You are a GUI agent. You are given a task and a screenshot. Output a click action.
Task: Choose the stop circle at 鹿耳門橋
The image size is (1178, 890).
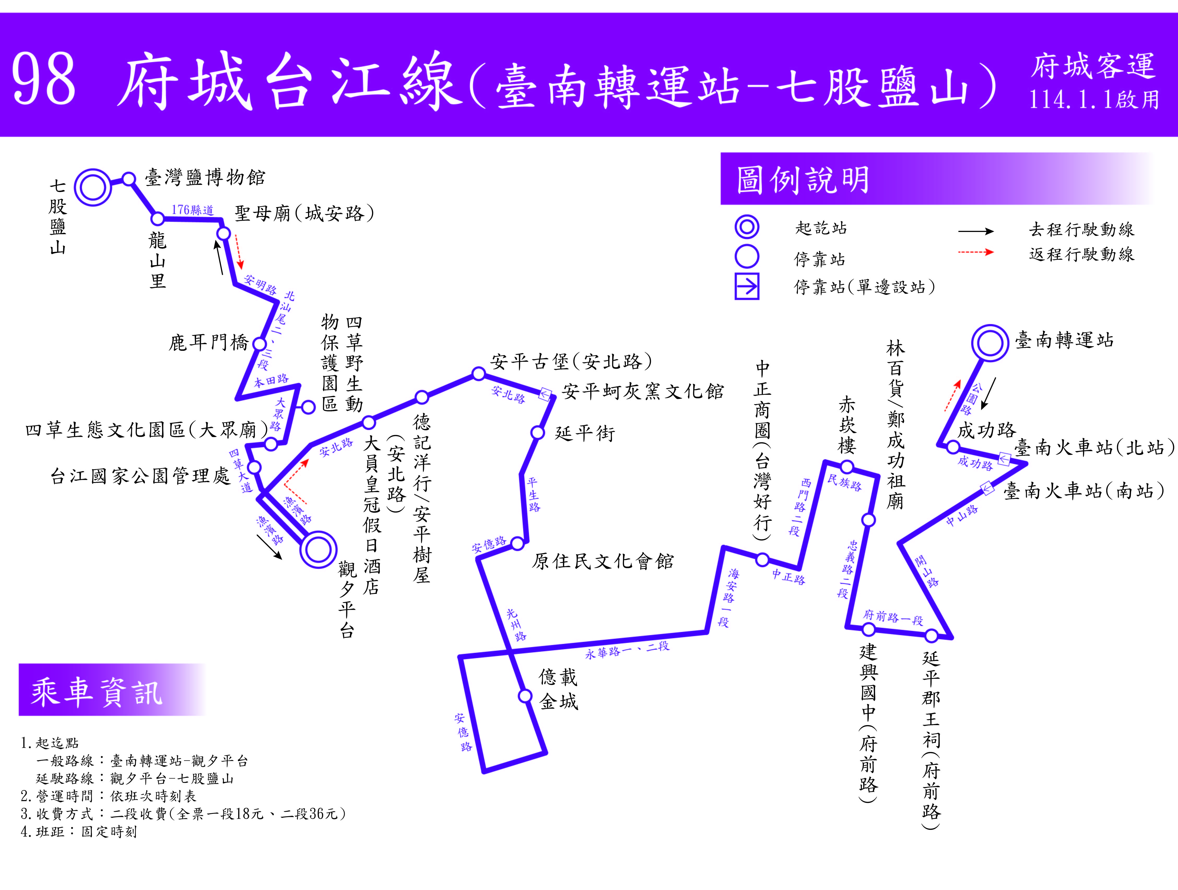259,344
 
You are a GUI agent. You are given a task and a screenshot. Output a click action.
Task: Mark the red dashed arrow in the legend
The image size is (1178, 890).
976,252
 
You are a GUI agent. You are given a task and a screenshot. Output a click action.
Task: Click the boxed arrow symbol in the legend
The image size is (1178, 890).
747,287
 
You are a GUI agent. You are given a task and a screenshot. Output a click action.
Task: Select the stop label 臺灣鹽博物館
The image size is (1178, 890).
205,177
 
